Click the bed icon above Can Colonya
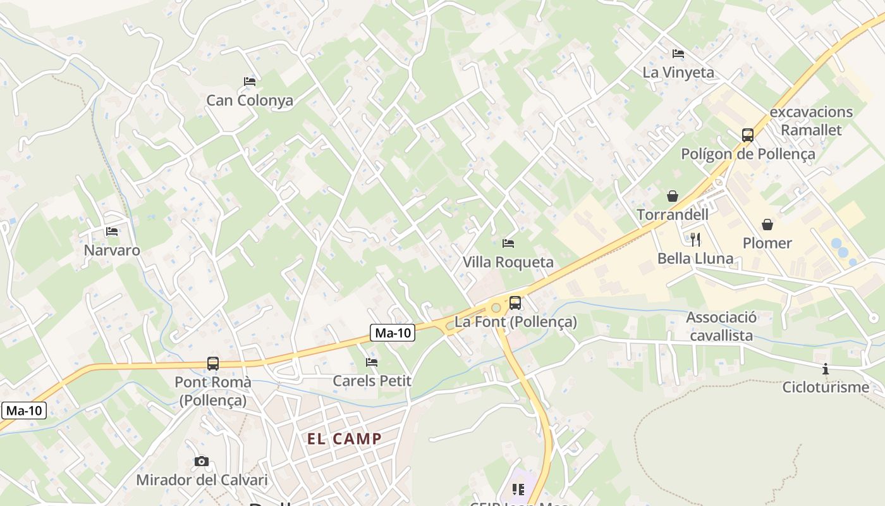250,82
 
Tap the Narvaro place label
112,250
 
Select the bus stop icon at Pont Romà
213,364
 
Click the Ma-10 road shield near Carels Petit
392,333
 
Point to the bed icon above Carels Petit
372,362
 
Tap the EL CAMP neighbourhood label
345,439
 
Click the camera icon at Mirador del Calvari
202,462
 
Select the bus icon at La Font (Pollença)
515,303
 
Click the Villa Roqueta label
508,262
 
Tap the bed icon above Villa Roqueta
508,243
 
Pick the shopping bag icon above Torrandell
673,196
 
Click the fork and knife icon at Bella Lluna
695,239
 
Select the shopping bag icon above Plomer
767,225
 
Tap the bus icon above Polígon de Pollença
748,135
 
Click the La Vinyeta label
678,73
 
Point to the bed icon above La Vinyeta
678,54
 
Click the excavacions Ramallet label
812,121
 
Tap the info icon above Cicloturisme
825,369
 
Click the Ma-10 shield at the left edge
25,410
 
